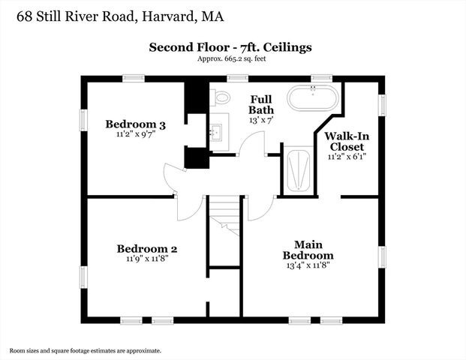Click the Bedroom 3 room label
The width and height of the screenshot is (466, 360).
point(135,124)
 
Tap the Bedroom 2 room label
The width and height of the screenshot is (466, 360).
point(146,248)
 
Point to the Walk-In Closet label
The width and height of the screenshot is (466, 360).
point(346,142)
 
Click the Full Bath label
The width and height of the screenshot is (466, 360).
point(261,104)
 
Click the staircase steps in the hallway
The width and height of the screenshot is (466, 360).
point(224,214)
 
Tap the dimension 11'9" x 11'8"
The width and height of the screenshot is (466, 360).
point(146,259)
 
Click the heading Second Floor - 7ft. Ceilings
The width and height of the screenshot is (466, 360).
point(230,47)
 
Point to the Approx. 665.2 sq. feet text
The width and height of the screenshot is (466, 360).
point(231,58)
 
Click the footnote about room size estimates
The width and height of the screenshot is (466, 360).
point(86,349)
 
